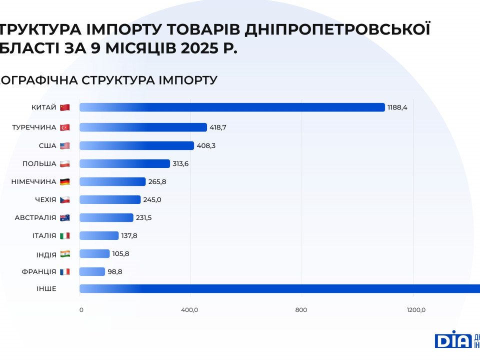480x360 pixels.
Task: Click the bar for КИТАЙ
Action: (x=232, y=107)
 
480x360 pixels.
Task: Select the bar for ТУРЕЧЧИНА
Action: (x=143, y=127)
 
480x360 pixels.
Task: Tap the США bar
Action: (x=136, y=145)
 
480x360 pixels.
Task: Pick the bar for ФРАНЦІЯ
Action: (x=92, y=271)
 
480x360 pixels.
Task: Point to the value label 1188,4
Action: (x=397, y=107)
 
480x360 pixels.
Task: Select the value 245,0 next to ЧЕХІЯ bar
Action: (x=152, y=199)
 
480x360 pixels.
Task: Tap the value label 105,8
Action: (x=120, y=253)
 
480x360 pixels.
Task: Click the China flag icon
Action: (x=64, y=107)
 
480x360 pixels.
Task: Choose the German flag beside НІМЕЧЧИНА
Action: (x=64, y=181)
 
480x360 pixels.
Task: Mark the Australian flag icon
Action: (x=64, y=217)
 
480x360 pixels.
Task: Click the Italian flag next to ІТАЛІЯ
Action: (x=64, y=235)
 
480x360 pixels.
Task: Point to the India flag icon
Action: (x=64, y=253)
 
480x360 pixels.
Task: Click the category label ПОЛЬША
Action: (x=39, y=163)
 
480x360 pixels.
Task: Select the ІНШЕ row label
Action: (x=46, y=288)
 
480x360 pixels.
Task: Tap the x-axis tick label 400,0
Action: (x=189, y=310)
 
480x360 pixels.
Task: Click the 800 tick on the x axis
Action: (x=301, y=310)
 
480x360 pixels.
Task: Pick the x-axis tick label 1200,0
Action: (x=416, y=310)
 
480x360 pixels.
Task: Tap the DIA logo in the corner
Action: (x=453, y=340)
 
